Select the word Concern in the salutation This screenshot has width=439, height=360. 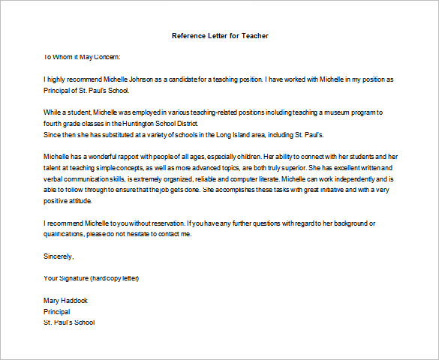103,56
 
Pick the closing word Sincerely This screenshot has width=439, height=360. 59,256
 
